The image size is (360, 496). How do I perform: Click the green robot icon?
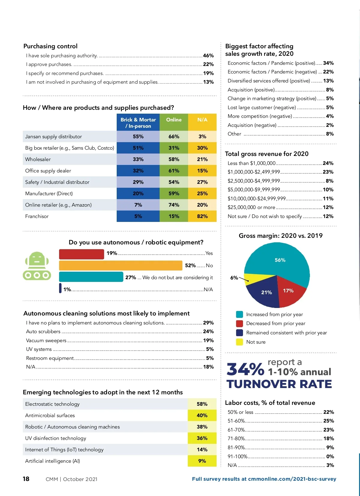(x=37, y=266)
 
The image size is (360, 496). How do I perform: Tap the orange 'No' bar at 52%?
(x=121, y=266)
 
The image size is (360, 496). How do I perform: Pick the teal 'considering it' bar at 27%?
(x=91, y=277)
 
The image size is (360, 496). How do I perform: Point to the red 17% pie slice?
(x=289, y=291)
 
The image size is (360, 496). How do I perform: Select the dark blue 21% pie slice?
(x=266, y=293)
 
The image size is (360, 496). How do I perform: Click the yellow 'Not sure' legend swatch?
(x=239, y=342)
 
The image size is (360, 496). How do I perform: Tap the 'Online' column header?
(x=174, y=120)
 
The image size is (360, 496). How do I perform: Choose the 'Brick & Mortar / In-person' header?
(x=138, y=123)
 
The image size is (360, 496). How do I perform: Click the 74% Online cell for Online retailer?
(x=174, y=205)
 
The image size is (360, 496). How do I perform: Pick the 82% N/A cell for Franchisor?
(x=202, y=216)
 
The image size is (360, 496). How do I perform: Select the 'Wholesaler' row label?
(x=38, y=159)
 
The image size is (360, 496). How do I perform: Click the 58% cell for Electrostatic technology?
(x=202, y=404)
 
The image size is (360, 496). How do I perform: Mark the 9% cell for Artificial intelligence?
(x=202, y=461)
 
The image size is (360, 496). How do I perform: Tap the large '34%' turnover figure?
(x=245, y=369)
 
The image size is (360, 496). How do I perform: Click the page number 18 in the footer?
(x=26, y=479)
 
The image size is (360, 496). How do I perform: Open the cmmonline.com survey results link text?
(x=264, y=479)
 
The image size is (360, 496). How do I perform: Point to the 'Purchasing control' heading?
(x=50, y=46)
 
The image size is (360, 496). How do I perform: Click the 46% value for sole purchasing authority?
(x=208, y=55)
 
